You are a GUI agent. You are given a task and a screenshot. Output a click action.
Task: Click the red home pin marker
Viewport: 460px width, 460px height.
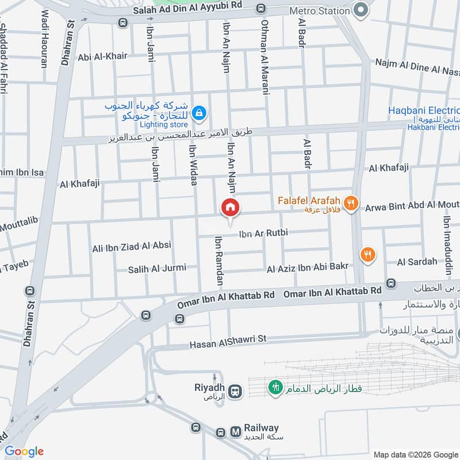point(230,208)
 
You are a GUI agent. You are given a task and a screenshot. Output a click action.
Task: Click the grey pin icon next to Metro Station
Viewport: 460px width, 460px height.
point(361,10)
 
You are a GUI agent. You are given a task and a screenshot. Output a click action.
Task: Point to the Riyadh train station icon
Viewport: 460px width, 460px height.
point(234,392)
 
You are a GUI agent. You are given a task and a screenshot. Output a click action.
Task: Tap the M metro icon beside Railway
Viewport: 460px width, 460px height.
point(235,431)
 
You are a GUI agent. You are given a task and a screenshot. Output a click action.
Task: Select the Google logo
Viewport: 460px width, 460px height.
point(24,451)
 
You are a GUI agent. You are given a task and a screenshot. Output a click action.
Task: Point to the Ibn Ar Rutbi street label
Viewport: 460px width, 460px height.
point(263,233)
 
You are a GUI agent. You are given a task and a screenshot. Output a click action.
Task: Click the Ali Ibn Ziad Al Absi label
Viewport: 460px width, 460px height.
point(132,247)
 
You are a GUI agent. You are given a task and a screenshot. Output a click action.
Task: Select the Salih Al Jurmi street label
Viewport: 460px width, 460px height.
point(154,269)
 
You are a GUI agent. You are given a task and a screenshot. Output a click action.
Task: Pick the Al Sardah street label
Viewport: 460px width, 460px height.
point(417,262)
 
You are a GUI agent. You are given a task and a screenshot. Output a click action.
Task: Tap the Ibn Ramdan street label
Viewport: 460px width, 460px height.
point(218,262)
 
